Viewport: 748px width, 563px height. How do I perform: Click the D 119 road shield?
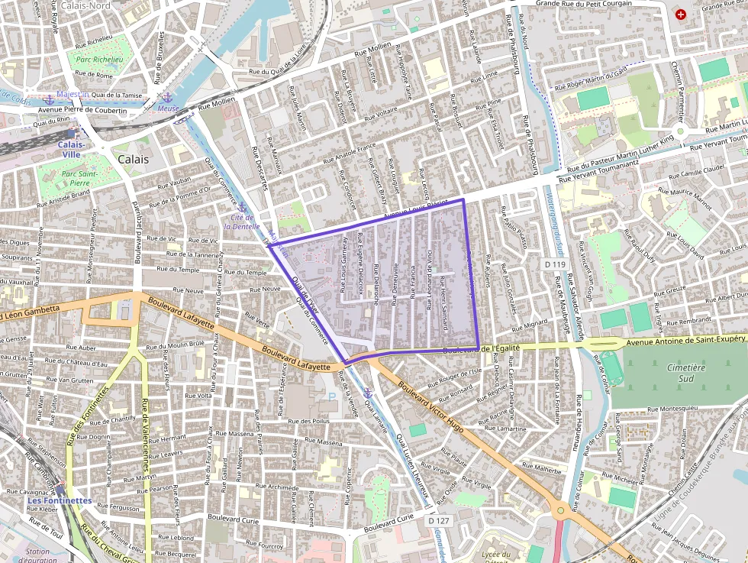[556, 264]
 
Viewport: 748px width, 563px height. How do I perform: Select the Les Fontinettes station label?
[60, 500]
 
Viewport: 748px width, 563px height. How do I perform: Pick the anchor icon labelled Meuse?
[166, 97]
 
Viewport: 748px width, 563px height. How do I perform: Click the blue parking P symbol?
[331, 396]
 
